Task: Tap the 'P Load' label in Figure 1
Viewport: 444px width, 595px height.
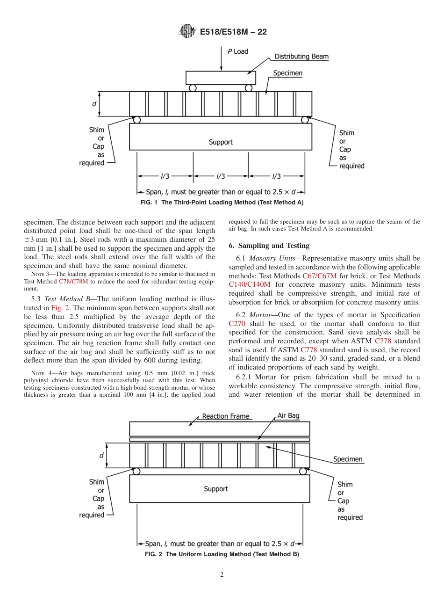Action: click(238, 51)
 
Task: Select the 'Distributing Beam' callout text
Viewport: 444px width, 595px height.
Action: click(301, 57)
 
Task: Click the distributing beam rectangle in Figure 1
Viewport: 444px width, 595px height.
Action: click(221, 77)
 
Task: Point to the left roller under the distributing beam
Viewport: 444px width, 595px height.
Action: click(193, 88)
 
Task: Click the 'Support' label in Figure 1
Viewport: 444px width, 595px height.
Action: click(221, 142)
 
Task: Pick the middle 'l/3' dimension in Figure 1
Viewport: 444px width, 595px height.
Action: click(221, 176)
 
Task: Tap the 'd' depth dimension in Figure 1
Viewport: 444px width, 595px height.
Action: click(94, 104)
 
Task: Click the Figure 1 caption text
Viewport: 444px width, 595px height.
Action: click(222, 203)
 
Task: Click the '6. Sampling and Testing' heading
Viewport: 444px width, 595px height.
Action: click(269, 246)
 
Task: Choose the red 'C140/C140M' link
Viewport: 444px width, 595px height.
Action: click(250, 284)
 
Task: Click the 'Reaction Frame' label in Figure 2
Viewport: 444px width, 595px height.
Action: click(225, 416)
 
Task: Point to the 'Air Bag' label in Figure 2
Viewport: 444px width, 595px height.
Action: click(288, 415)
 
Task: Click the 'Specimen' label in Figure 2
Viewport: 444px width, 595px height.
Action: click(348, 459)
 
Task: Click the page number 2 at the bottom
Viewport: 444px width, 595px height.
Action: click(222, 575)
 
